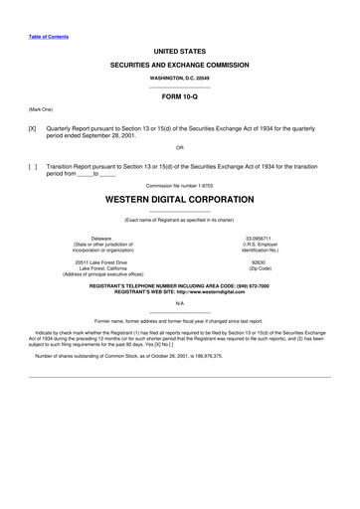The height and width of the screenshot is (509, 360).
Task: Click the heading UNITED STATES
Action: point(179,49)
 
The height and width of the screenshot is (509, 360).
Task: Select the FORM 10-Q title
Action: point(179,97)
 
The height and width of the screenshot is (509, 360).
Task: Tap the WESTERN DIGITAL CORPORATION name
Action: point(179,200)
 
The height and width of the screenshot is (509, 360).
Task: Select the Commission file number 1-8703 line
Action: point(179,185)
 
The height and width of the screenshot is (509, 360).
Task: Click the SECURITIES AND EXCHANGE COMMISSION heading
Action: point(179,63)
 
